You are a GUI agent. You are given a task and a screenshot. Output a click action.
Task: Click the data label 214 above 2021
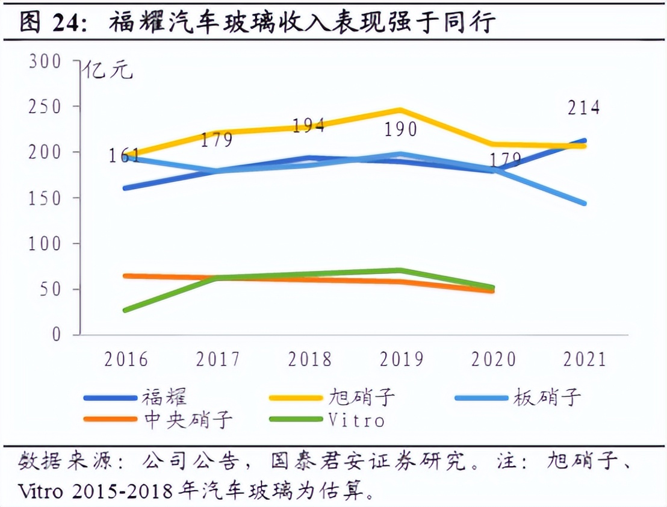pyautogui.click(x=584, y=108)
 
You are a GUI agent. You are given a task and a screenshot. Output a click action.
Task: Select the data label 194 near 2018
pyautogui.click(x=308, y=125)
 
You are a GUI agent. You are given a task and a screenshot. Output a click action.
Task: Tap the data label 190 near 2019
pyautogui.click(x=401, y=129)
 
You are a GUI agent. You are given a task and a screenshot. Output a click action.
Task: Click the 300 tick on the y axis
pyautogui.click(x=45, y=61)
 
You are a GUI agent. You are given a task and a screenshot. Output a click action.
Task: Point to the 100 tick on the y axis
pyautogui.click(x=45, y=244)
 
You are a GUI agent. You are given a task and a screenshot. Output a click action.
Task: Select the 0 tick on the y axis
pyautogui.click(x=57, y=335)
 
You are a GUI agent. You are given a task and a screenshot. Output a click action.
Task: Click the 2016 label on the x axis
pyautogui.click(x=126, y=359)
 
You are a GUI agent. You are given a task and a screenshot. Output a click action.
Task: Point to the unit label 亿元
pyautogui.click(x=108, y=70)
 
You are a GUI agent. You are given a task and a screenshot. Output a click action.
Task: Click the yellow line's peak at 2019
pyautogui.click(x=401, y=110)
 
